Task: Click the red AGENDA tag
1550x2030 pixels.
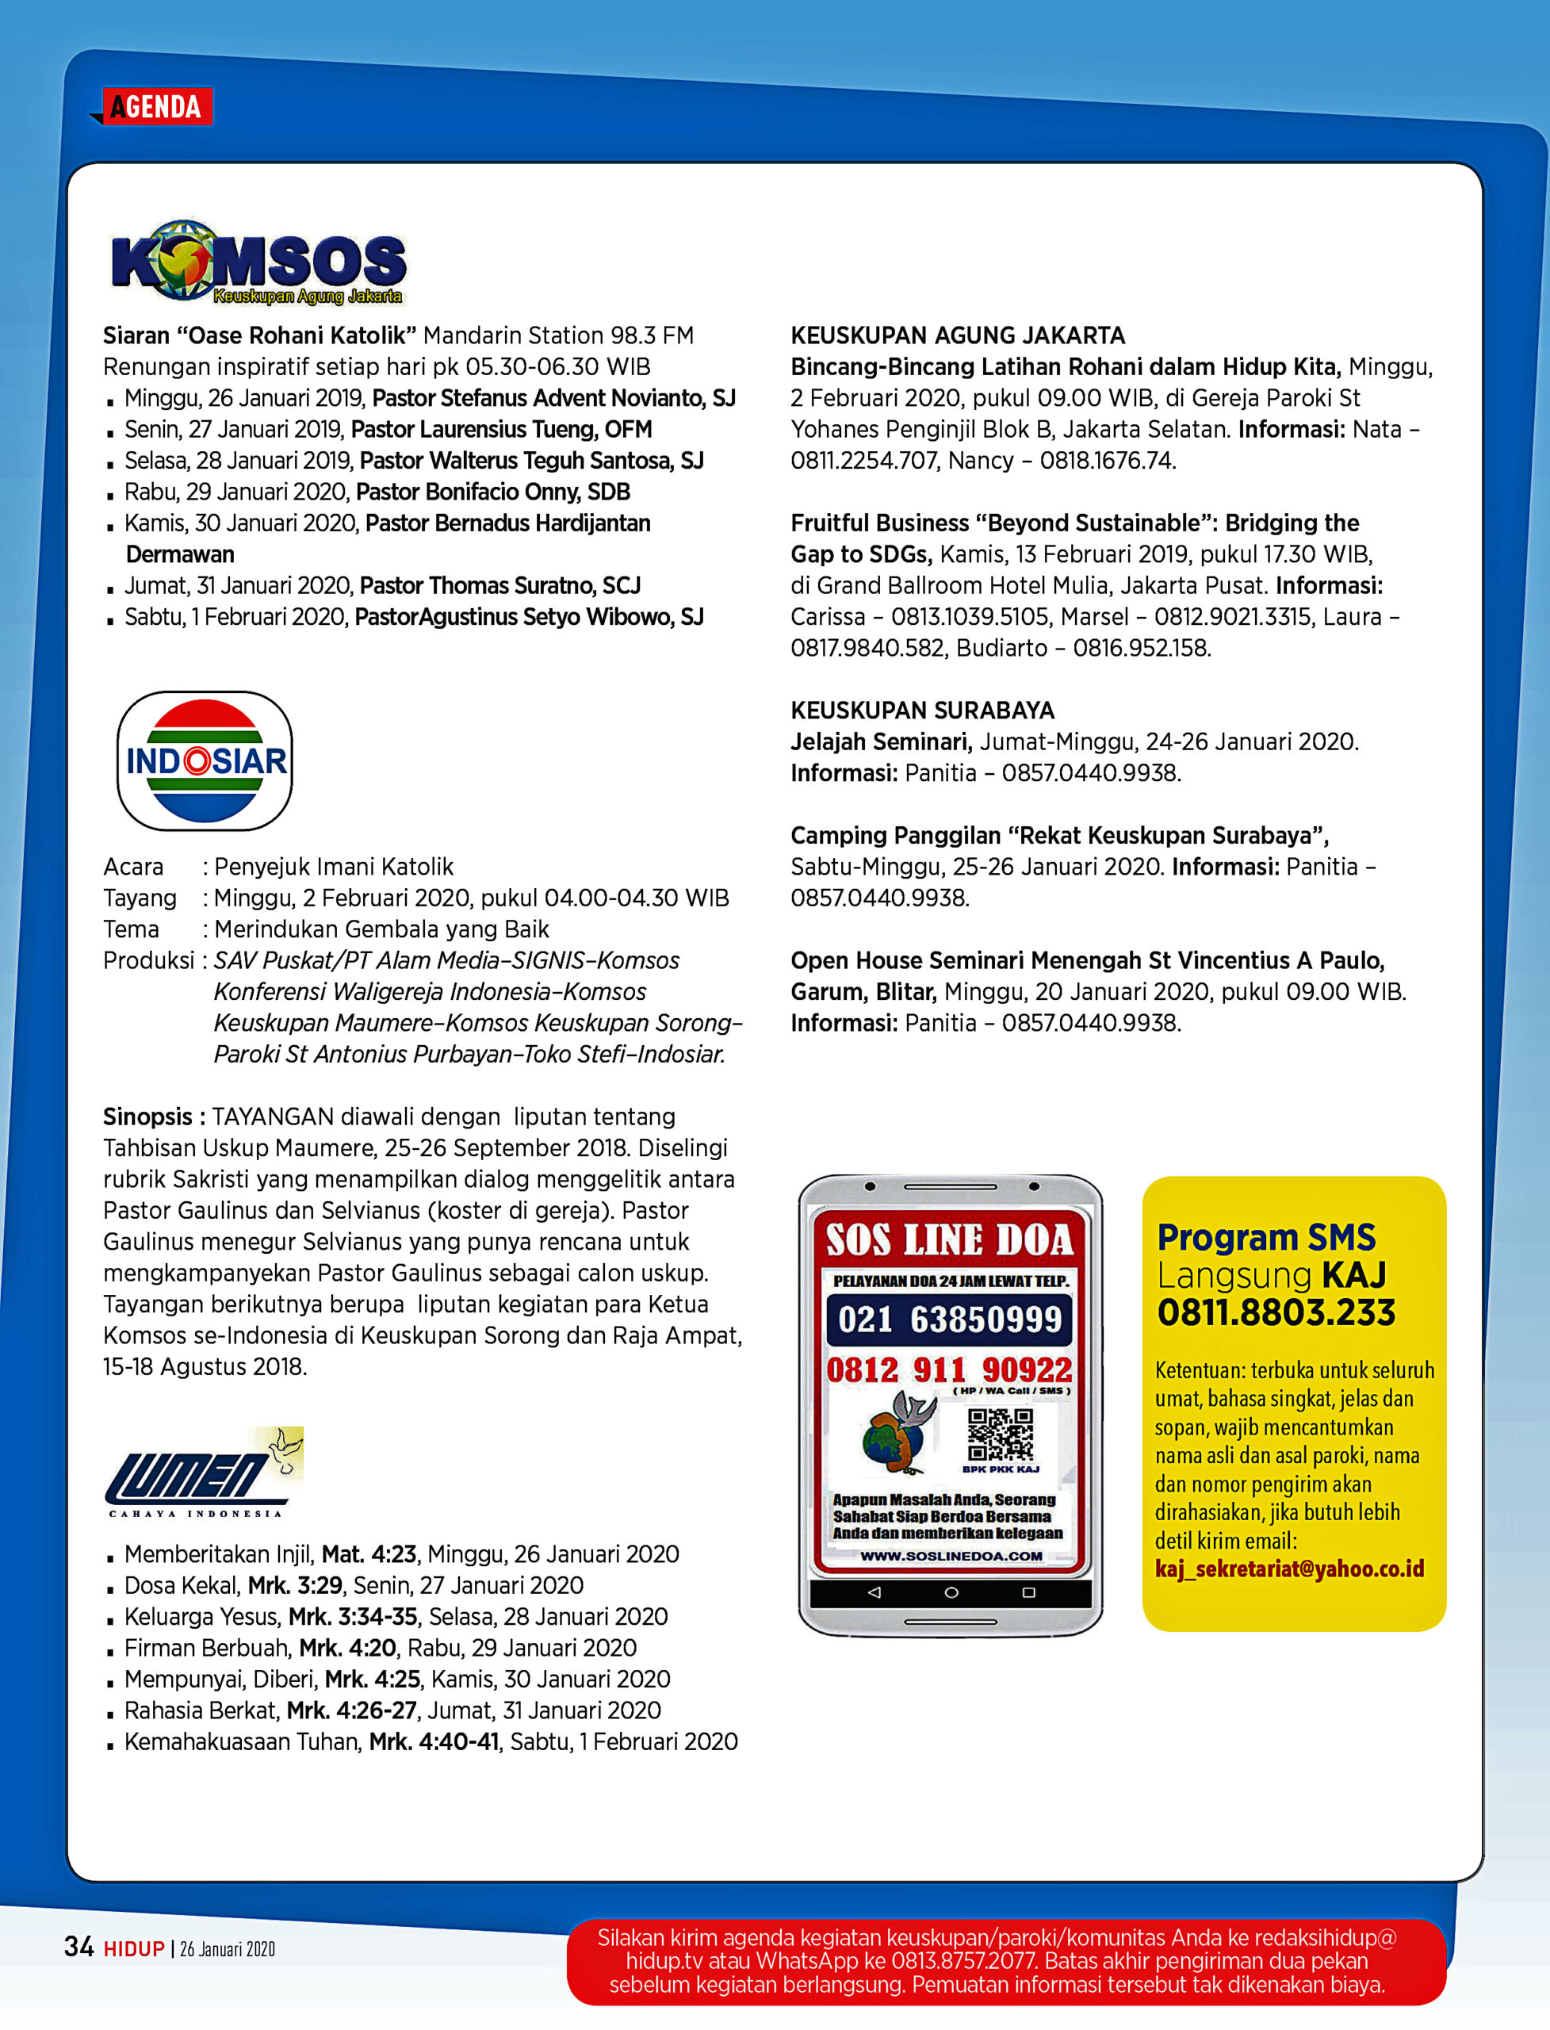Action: tap(156, 107)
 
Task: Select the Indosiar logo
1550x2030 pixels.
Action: tap(205, 760)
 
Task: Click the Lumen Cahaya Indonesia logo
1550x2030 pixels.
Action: tap(203, 1471)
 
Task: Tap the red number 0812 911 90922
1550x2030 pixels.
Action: tap(949, 1370)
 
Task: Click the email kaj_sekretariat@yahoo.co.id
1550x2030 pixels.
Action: tap(1289, 1569)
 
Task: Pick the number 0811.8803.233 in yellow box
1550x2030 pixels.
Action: tap(1276, 1313)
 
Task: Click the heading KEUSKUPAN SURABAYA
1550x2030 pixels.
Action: tap(922, 710)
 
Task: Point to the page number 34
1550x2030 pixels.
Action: tap(78, 1947)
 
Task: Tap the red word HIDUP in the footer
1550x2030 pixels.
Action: tap(134, 1949)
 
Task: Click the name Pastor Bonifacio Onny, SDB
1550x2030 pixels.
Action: tap(492, 492)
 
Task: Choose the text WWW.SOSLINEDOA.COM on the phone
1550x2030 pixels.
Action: tap(951, 1557)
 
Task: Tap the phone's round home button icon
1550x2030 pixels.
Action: tap(951, 1592)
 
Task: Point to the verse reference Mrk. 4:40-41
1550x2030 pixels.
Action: tap(434, 1742)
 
